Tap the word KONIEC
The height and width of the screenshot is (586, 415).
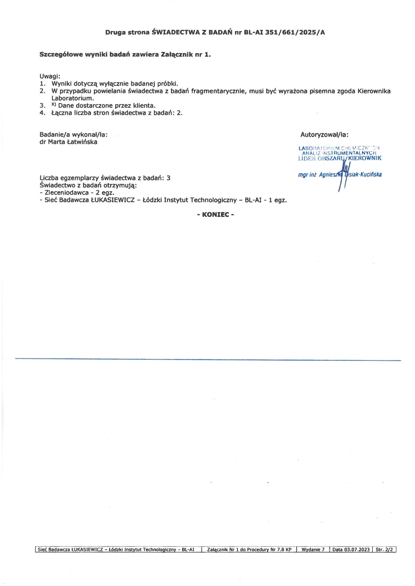[x=216, y=215]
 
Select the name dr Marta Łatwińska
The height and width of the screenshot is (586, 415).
[x=68, y=142]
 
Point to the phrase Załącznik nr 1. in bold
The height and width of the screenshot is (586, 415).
[x=185, y=55]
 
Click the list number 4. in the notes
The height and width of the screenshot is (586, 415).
[x=42, y=113]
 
